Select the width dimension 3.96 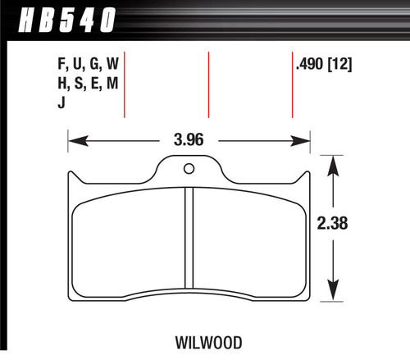point(188,139)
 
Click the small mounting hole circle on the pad point(189,171)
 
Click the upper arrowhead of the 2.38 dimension point(332,164)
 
